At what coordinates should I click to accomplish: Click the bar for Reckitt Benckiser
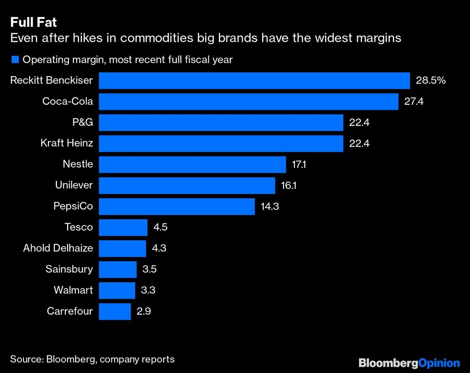(254, 80)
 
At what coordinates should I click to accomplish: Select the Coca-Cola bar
(249, 101)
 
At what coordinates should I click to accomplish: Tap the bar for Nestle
(192, 164)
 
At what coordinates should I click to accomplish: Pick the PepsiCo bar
(177, 206)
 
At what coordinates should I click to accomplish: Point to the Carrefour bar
(115, 311)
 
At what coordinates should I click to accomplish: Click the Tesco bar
(123, 227)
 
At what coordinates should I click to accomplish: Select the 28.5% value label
(431, 80)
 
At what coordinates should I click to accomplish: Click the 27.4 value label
(414, 101)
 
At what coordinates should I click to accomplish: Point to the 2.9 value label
(144, 311)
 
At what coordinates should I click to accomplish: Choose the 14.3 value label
(270, 206)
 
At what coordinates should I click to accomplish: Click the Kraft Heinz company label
(67, 143)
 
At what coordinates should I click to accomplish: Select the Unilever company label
(74, 186)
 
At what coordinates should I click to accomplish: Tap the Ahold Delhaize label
(58, 248)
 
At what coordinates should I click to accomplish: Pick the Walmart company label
(73, 290)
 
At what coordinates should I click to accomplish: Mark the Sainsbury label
(69, 269)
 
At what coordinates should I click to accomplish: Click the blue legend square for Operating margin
(15, 60)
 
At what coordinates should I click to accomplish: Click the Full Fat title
(33, 22)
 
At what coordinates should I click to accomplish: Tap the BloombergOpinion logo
(409, 362)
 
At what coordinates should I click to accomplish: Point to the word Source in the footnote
(27, 359)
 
